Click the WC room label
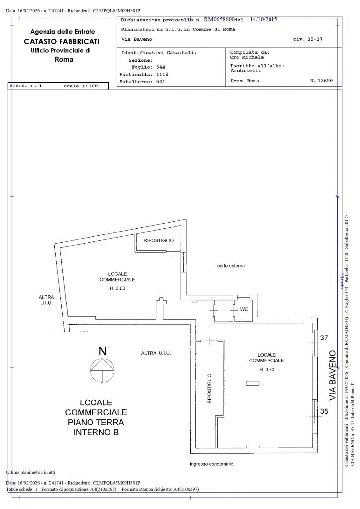pos(244,309)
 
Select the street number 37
pos(324,338)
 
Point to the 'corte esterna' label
pos(231,266)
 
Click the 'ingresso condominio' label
pos(211,464)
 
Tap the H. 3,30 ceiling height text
pos(267,370)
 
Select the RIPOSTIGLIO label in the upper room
pos(158,241)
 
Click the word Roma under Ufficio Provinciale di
pos(63,60)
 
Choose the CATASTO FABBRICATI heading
pos(62,41)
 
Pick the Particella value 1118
pos(162,74)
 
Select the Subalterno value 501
pos(160,82)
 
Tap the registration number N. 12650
pos(321,80)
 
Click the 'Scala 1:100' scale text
pos(81,86)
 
